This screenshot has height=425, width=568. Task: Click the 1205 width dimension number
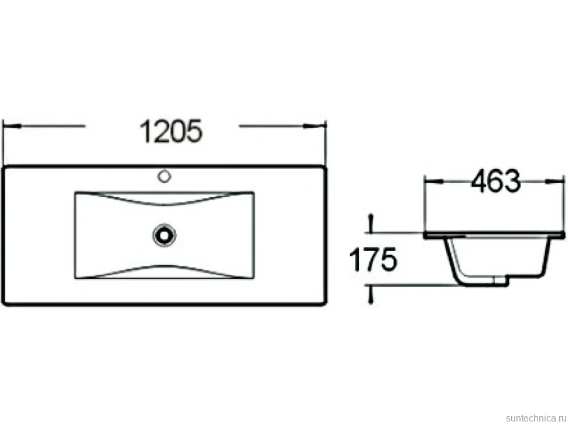point(171,131)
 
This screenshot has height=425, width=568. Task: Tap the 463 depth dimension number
point(495,181)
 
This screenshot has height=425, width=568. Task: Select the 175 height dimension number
point(373,259)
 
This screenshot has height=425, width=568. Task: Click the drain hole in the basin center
point(165,235)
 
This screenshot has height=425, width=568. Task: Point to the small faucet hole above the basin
point(165,177)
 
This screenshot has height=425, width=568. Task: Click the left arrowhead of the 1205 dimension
point(11,126)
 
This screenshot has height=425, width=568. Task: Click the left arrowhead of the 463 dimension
point(433,181)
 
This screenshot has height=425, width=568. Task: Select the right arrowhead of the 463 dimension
point(555,181)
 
